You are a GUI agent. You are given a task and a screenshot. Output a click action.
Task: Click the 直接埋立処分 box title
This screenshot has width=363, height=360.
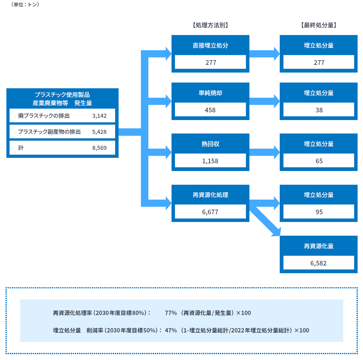(210, 46)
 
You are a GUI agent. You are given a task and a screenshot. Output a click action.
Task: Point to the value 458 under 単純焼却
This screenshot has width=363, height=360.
(210, 110)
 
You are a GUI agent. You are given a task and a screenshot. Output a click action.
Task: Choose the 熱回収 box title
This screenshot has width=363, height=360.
(210, 144)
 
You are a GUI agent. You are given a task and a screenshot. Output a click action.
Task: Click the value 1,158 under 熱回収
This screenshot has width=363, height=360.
(210, 161)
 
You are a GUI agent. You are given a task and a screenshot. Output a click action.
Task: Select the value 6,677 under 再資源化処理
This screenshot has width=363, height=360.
(210, 212)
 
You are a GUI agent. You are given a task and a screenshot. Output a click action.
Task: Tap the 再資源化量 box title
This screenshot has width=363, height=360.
(319, 246)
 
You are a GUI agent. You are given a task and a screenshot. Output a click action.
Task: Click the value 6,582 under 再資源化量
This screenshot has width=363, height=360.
(319, 263)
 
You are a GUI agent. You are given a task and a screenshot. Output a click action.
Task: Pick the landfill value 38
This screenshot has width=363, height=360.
(319, 110)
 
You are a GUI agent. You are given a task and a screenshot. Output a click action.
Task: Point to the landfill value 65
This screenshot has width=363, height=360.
(319, 161)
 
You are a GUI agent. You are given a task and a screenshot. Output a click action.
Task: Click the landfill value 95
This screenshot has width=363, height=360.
(319, 212)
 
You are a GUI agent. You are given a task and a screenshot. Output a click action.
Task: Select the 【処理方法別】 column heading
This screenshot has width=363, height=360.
(210, 25)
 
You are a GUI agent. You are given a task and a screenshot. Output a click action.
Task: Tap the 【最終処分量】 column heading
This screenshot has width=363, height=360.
(319, 25)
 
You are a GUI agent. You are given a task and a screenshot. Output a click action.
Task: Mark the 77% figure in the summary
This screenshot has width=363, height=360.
(171, 313)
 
